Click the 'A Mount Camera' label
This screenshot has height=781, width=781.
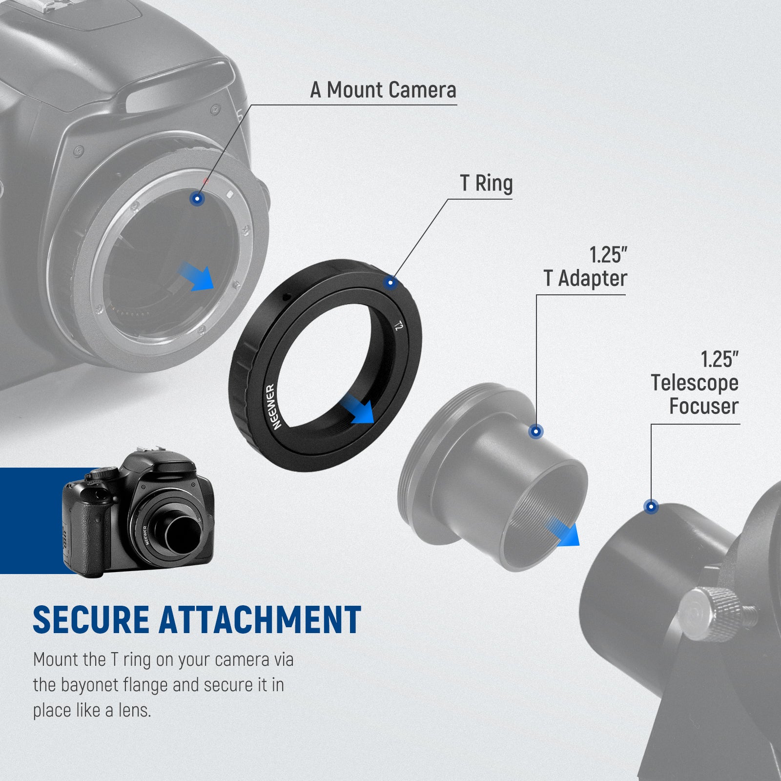pos(383,90)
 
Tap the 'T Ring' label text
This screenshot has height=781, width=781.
pos(486,184)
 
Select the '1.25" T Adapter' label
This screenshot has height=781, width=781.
pos(585,267)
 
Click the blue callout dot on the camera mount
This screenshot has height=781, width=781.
pos(197,199)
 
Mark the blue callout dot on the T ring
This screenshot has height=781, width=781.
pos(390,283)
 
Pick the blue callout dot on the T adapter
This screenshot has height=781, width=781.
pos(536,432)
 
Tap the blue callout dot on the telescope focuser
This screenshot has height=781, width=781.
pos(651,507)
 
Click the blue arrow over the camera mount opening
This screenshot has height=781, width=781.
pos(198,277)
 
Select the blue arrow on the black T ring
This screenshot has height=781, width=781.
pos(358,409)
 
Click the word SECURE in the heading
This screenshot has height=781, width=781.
pos(91,620)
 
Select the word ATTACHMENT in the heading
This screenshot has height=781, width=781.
pos(260,620)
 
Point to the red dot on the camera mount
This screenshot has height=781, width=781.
pos(206,181)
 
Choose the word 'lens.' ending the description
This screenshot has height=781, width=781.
pos(135,711)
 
